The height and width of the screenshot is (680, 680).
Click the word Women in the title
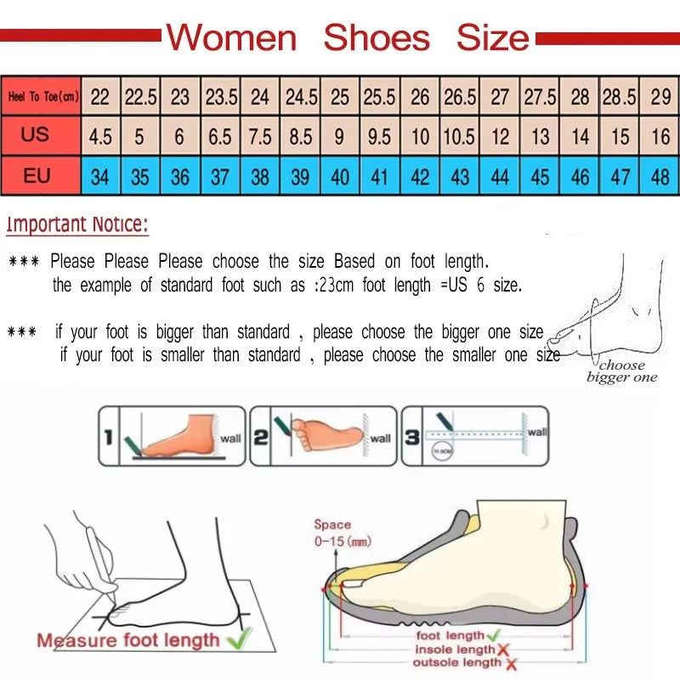[x=231, y=38]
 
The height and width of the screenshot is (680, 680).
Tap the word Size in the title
[x=493, y=38]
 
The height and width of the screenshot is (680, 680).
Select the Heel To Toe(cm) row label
[x=42, y=97]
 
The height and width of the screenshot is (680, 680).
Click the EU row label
[x=37, y=177]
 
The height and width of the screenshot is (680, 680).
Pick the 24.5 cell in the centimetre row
[x=301, y=97]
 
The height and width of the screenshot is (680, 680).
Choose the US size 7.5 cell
[x=260, y=137]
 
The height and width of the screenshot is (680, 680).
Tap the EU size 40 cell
[x=340, y=178]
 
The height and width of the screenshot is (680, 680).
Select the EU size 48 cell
[x=660, y=178]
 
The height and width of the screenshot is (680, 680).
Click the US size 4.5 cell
[x=100, y=137]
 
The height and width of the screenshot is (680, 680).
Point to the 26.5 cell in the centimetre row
[x=460, y=97]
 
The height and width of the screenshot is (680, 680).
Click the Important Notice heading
[x=77, y=225]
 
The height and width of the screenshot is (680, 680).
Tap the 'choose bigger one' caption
[x=622, y=371]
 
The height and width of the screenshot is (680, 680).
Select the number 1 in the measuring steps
[x=108, y=437]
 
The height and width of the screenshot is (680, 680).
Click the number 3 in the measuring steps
[x=411, y=437]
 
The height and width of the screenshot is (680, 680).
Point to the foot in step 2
[x=327, y=432]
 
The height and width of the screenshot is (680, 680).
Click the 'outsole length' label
[x=457, y=662]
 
